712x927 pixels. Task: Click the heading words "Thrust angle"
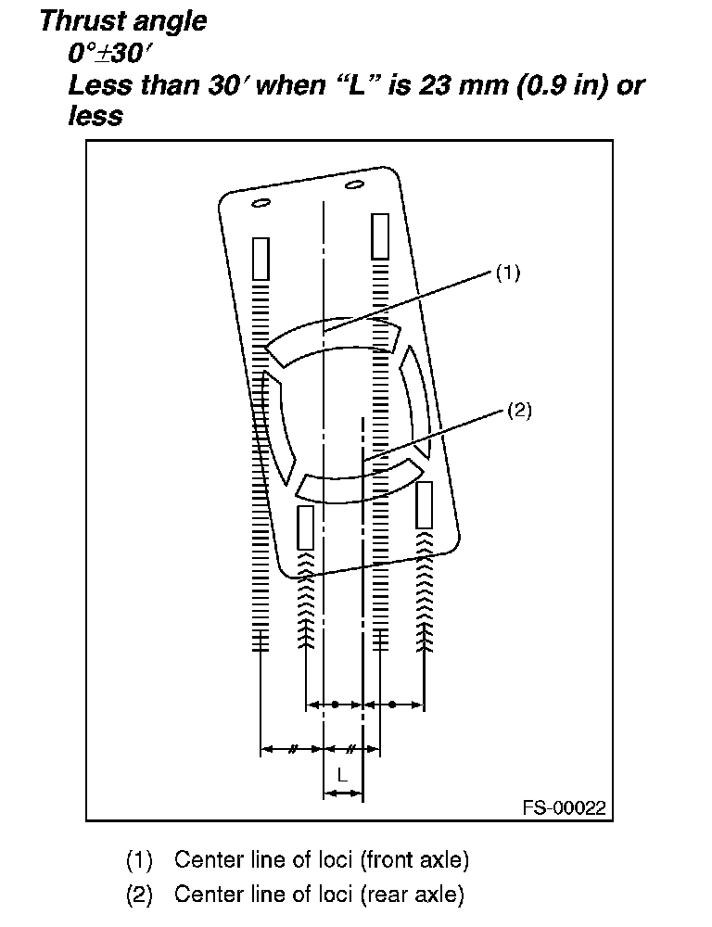click(123, 21)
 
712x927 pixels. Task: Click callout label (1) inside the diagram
click(507, 273)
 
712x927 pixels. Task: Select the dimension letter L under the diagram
click(342, 774)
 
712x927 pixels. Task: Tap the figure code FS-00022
click(564, 807)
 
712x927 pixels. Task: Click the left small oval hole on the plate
click(261, 203)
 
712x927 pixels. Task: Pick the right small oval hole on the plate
click(352, 188)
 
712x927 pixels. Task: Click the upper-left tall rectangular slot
click(261, 259)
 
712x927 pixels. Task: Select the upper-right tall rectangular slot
click(379, 235)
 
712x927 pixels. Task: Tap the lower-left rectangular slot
click(305, 527)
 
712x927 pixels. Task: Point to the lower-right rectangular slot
click(425, 505)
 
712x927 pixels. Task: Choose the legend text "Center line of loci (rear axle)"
click(319, 895)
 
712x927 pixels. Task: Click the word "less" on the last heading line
click(95, 116)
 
